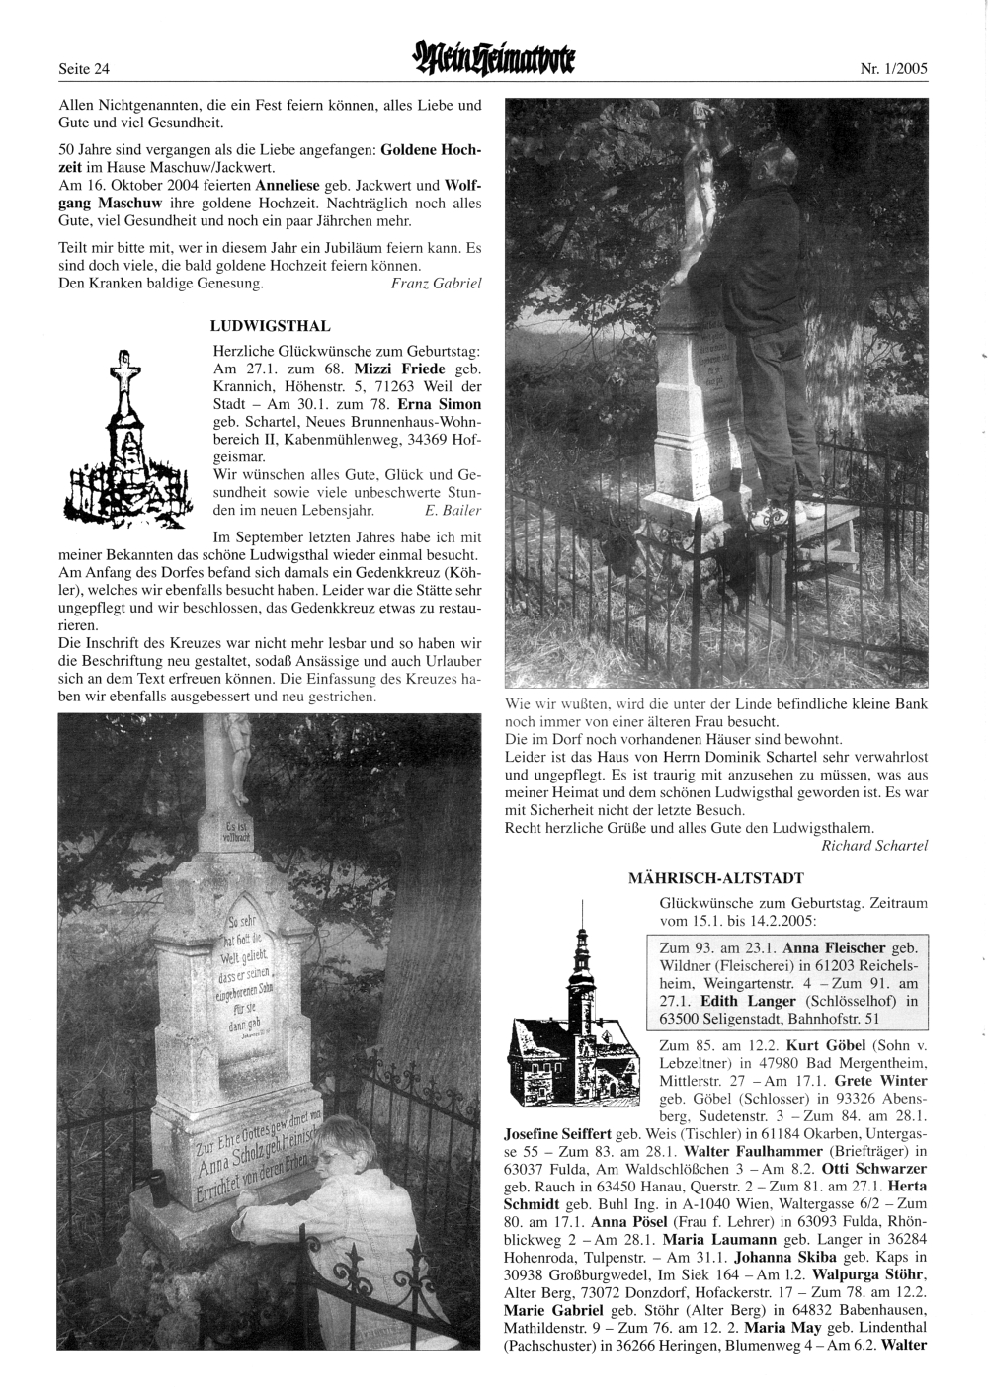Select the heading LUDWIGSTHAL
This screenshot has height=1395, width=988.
pos(271,325)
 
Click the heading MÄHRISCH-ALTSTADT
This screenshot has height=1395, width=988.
pos(715,876)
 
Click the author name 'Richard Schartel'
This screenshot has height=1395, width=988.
pos(873,846)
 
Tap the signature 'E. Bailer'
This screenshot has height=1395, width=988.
pos(452,511)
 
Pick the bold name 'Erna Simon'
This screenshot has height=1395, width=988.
pos(439,404)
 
